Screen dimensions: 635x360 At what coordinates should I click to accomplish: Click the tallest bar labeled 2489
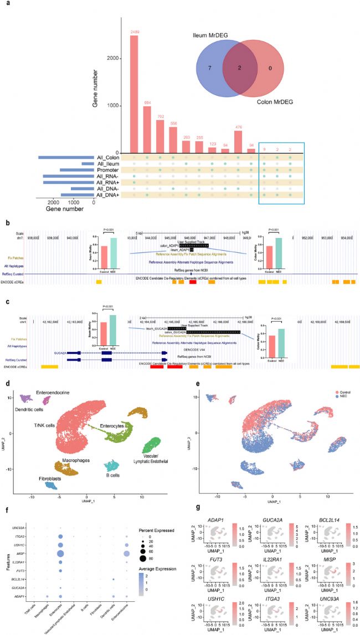(x=134, y=94)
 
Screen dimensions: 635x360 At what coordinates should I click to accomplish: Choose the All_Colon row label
(x=106, y=158)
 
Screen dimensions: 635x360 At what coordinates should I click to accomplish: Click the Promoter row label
(x=107, y=170)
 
